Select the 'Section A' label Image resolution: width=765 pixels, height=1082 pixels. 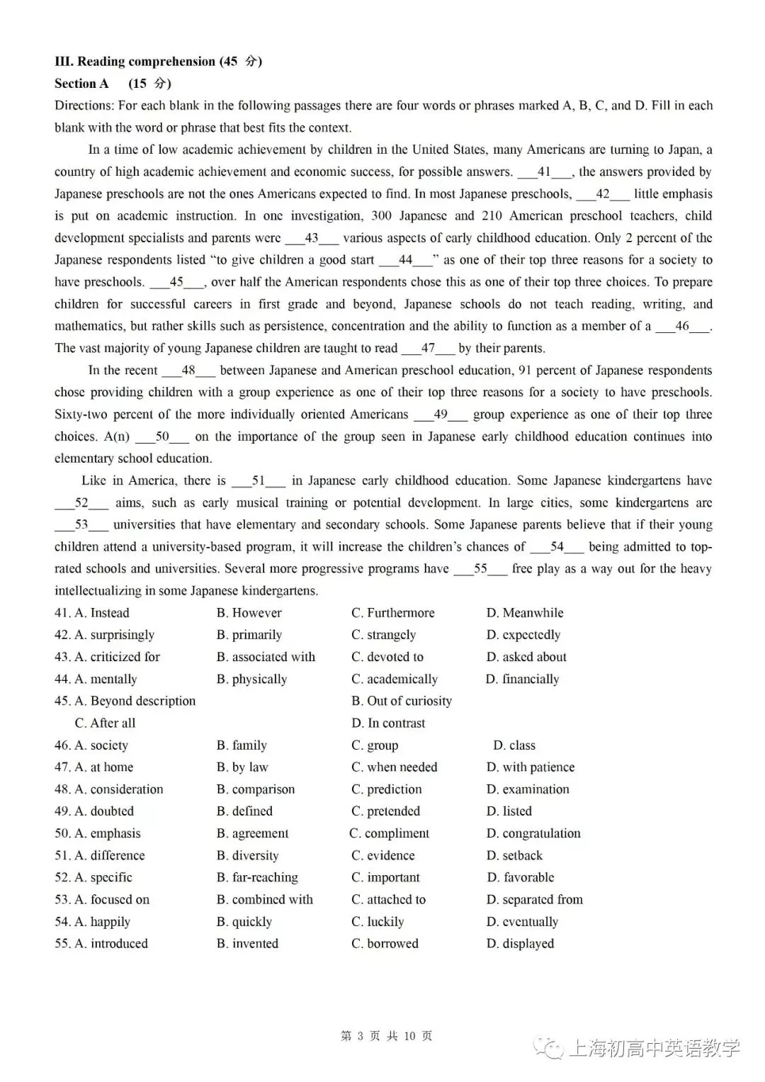(x=81, y=84)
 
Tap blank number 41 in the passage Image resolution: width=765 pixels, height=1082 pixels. (x=544, y=172)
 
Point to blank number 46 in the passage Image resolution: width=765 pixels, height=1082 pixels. (x=681, y=327)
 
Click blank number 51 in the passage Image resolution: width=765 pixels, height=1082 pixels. (x=259, y=481)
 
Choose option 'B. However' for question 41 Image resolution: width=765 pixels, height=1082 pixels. (x=249, y=613)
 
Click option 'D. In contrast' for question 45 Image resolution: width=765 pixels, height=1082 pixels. (x=388, y=723)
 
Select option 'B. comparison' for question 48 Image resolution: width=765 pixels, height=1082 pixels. (x=255, y=789)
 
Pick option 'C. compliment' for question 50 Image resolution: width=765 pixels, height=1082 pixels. (x=390, y=833)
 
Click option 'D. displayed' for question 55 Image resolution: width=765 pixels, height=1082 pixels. (x=520, y=944)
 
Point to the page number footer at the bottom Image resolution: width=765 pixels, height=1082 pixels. (x=386, y=1037)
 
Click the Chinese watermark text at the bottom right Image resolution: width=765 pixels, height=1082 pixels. (x=653, y=1048)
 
